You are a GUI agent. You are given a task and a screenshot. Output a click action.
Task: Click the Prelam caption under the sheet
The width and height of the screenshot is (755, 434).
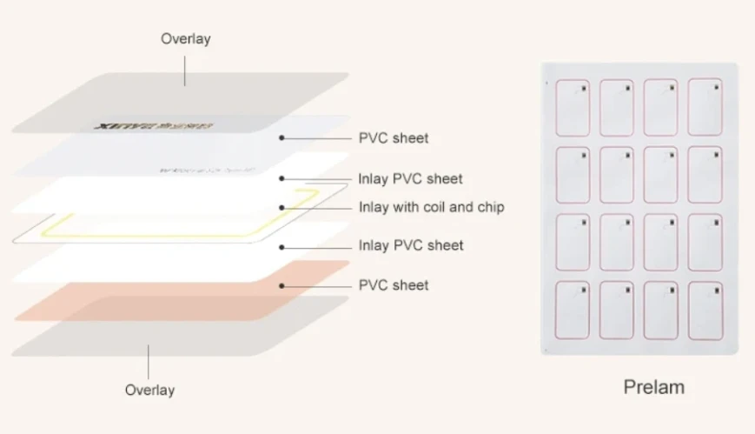pyautogui.click(x=654, y=387)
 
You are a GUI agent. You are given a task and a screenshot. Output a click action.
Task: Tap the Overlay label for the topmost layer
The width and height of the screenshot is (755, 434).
pyautogui.click(x=185, y=39)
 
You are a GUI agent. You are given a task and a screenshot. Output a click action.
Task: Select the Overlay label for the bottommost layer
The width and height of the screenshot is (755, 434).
pyautogui.click(x=149, y=390)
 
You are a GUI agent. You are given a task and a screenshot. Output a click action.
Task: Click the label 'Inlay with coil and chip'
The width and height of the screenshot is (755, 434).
pyautogui.click(x=431, y=207)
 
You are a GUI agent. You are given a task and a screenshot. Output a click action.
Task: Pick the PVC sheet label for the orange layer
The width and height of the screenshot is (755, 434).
pyautogui.click(x=393, y=284)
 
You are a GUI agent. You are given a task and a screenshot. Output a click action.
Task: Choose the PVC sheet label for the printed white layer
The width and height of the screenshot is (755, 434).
pyautogui.click(x=393, y=137)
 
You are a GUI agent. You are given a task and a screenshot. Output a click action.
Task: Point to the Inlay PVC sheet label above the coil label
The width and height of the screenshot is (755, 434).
pyautogui.click(x=410, y=178)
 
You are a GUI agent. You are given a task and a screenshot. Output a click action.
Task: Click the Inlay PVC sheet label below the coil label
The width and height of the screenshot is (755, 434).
pyautogui.click(x=410, y=245)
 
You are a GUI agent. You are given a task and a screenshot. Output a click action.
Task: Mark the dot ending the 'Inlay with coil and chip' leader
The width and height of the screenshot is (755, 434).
pyautogui.click(x=282, y=208)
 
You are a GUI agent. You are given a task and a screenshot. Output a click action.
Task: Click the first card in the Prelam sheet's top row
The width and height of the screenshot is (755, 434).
pyautogui.click(x=572, y=109)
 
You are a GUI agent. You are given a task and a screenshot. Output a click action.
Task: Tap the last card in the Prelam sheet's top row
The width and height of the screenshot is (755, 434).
pyautogui.click(x=705, y=109)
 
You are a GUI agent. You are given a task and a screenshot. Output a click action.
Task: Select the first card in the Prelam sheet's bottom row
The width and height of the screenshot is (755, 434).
pyautogui.click(x=572, y=309)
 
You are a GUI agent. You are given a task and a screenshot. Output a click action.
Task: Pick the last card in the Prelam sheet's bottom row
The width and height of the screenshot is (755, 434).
pyautogui.click(x=705, y=309)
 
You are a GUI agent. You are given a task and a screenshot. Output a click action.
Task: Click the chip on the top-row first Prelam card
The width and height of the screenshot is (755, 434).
pyautogui.click(x=584, y=88)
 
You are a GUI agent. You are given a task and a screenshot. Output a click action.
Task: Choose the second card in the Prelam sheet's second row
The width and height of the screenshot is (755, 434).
pyautogui.click(x=616, y=176)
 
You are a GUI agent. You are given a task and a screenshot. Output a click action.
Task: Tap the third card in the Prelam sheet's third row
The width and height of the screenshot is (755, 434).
pyautogui.click(x=660, y=242)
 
